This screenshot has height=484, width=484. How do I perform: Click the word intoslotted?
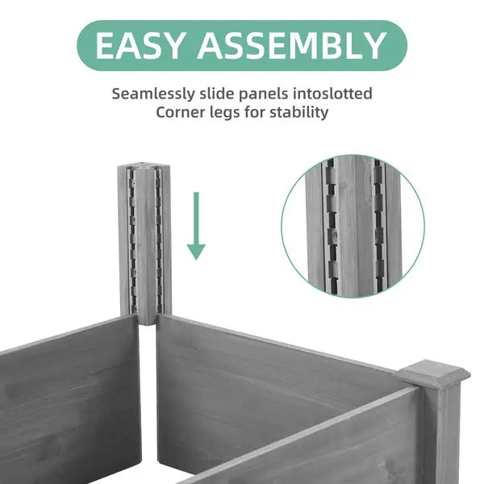click(x=336, y=94)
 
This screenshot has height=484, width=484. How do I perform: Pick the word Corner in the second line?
click(x=181, y=112)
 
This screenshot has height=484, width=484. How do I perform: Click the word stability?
click(x=300, y=112)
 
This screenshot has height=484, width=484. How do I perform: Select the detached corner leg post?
click(x=144, y=242)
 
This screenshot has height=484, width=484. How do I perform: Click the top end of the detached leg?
click(x=144, y=169)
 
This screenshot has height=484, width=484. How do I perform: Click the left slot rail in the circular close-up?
click(x=328, y=226)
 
